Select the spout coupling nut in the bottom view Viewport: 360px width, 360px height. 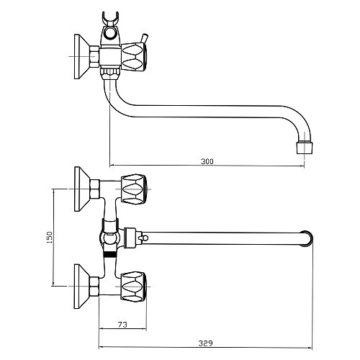(x=131, y=237)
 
